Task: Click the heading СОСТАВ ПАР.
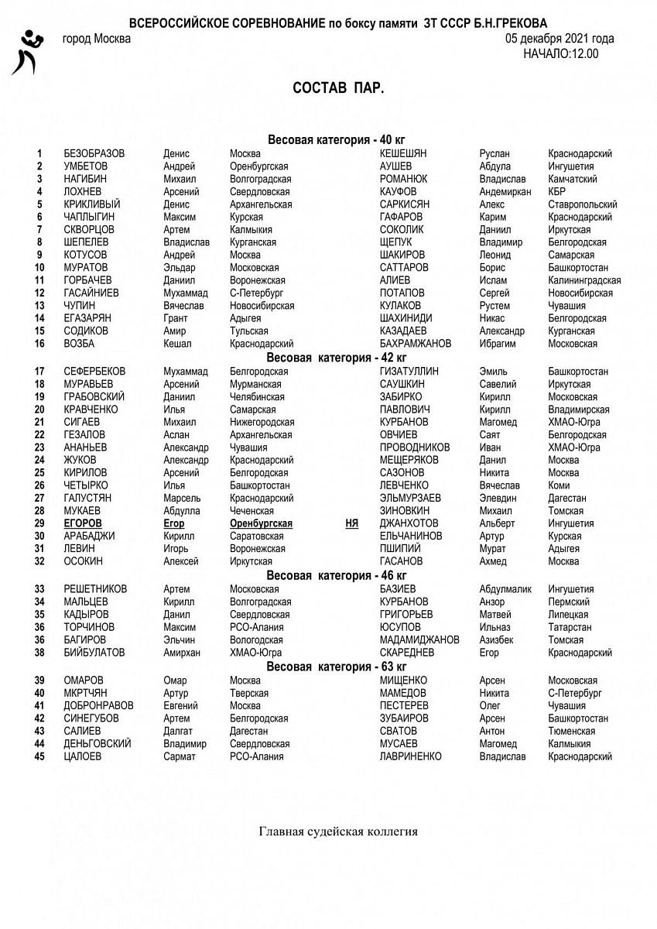coord(338,88)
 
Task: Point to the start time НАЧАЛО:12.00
coord(560,53)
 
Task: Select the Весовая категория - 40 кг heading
coord(337,140)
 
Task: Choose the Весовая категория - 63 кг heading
coord(337,667)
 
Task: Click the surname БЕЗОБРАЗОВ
coord(94,154)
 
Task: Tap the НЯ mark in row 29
coord(352,523)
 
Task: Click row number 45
coord(39,756)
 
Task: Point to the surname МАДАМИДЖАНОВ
coord(419,640)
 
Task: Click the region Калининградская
coord(584,280)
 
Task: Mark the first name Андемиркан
coord(505,192)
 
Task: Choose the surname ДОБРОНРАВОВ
coord(98,706)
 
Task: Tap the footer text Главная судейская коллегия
coord(338,832)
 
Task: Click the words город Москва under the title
coord(97,39)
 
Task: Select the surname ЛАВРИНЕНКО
coord(411,756)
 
